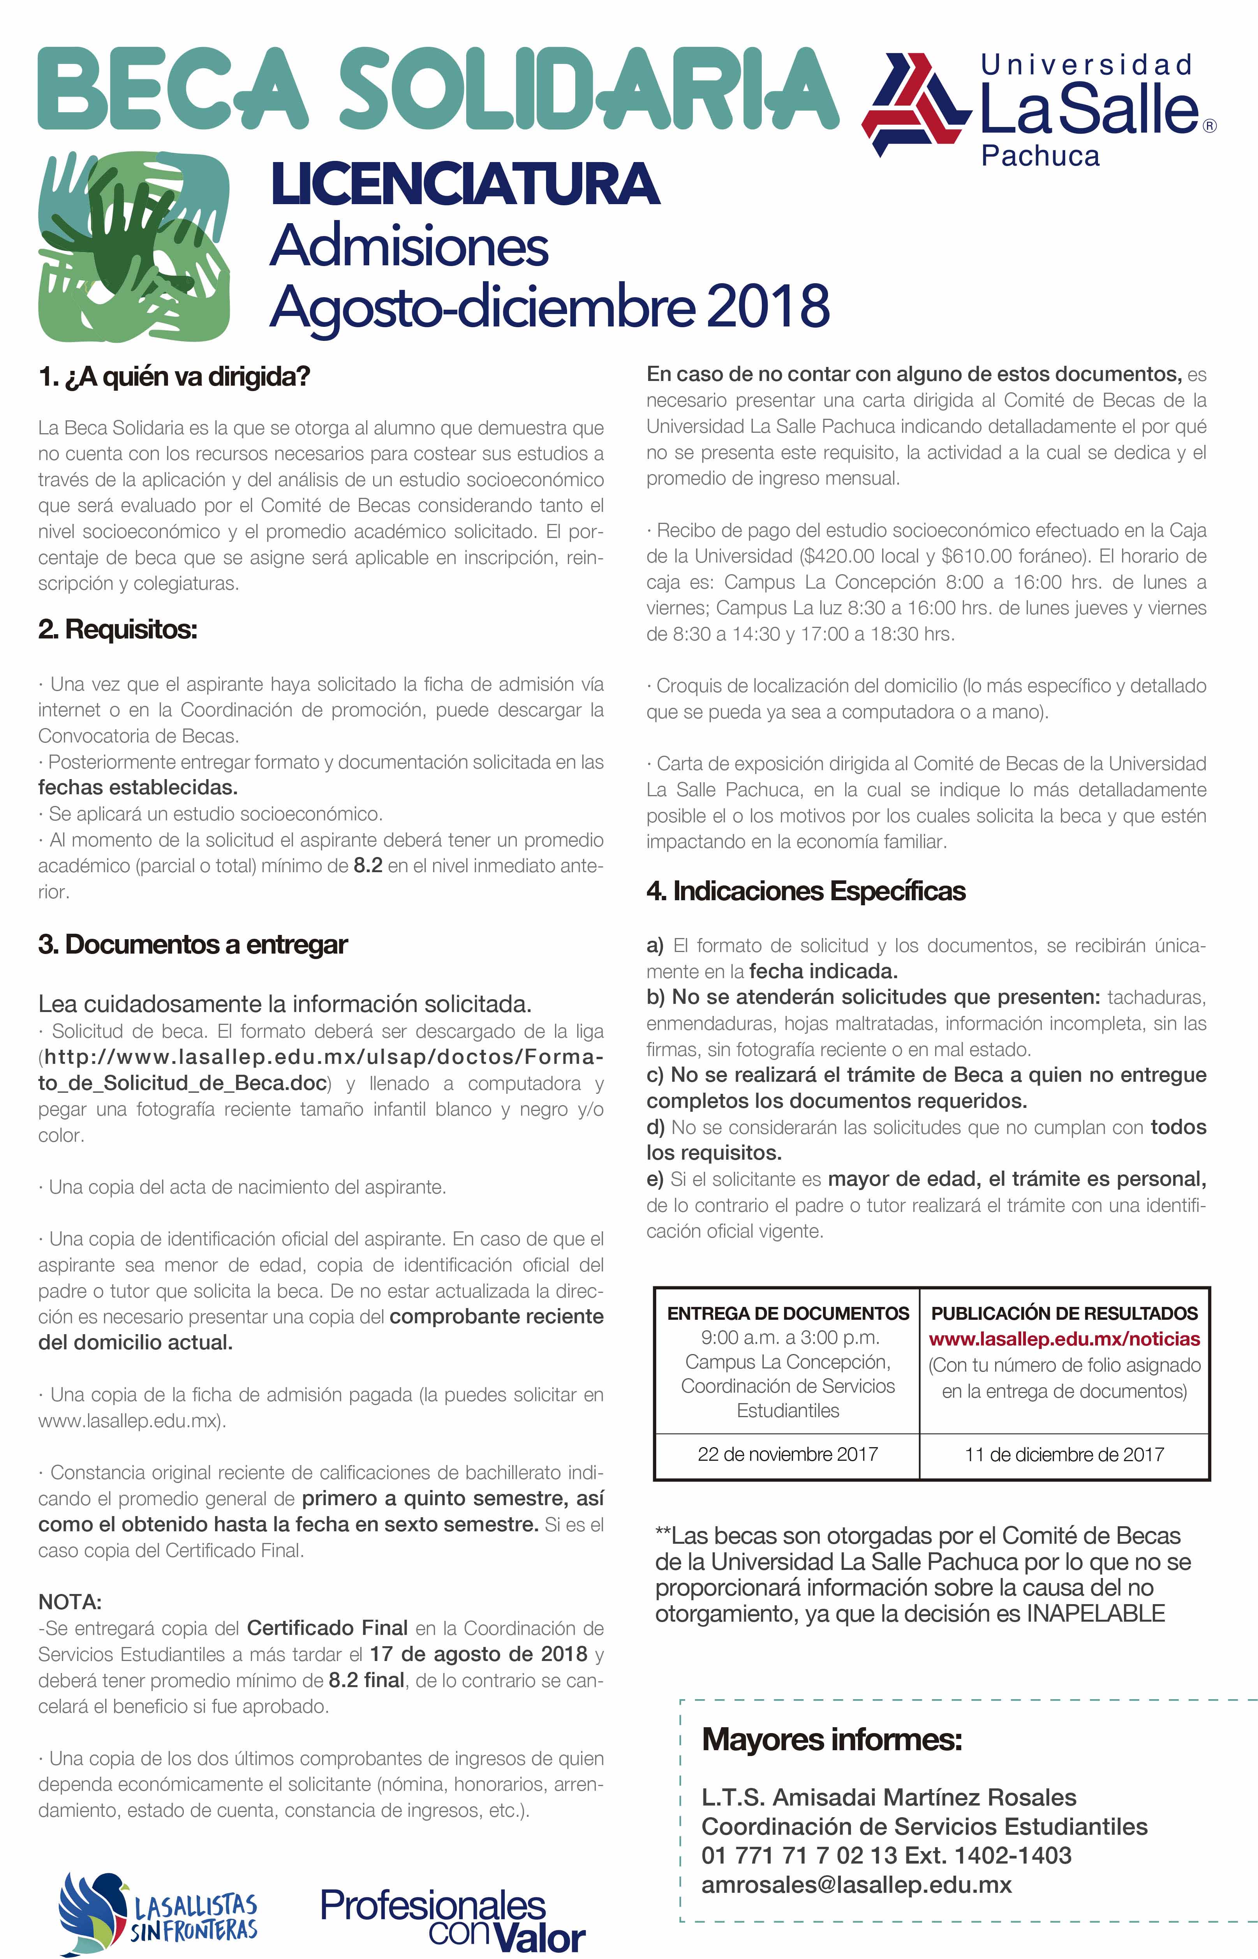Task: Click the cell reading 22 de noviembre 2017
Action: (788, 1454)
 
